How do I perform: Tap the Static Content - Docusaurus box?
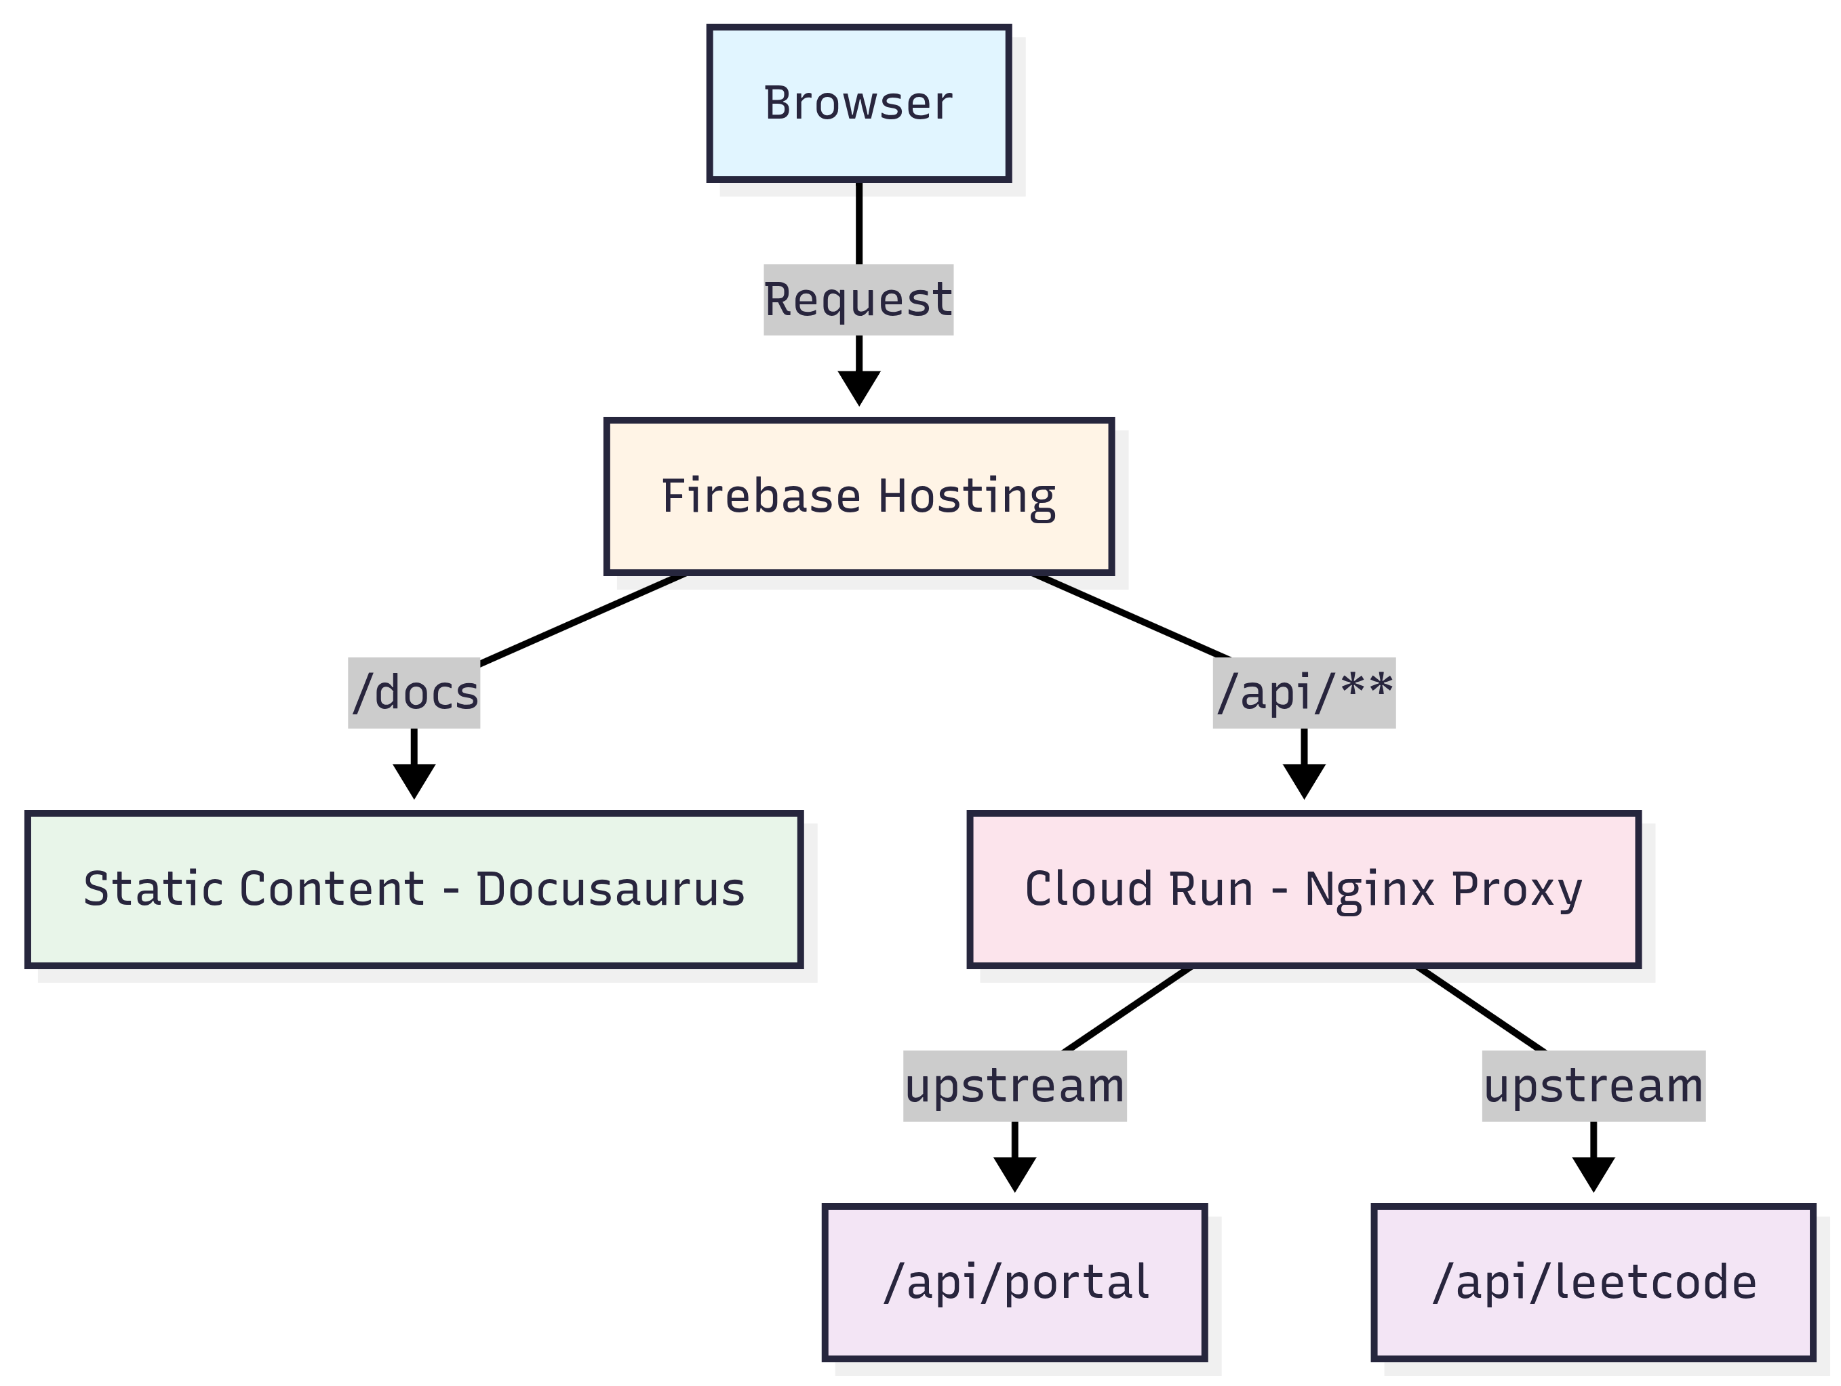(414, 889)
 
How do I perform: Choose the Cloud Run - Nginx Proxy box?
(1303, 889)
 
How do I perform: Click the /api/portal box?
(1014, 1282)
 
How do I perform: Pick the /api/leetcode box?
(1593, 1282)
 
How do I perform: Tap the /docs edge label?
(414, 693)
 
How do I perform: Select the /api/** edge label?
(1303, 693)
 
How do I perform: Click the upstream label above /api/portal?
(1014, 1086)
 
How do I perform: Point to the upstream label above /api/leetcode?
(1593, 1086)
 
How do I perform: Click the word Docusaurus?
(610, 889)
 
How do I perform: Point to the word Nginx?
(1369, 889)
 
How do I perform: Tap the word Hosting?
(966, 497)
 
